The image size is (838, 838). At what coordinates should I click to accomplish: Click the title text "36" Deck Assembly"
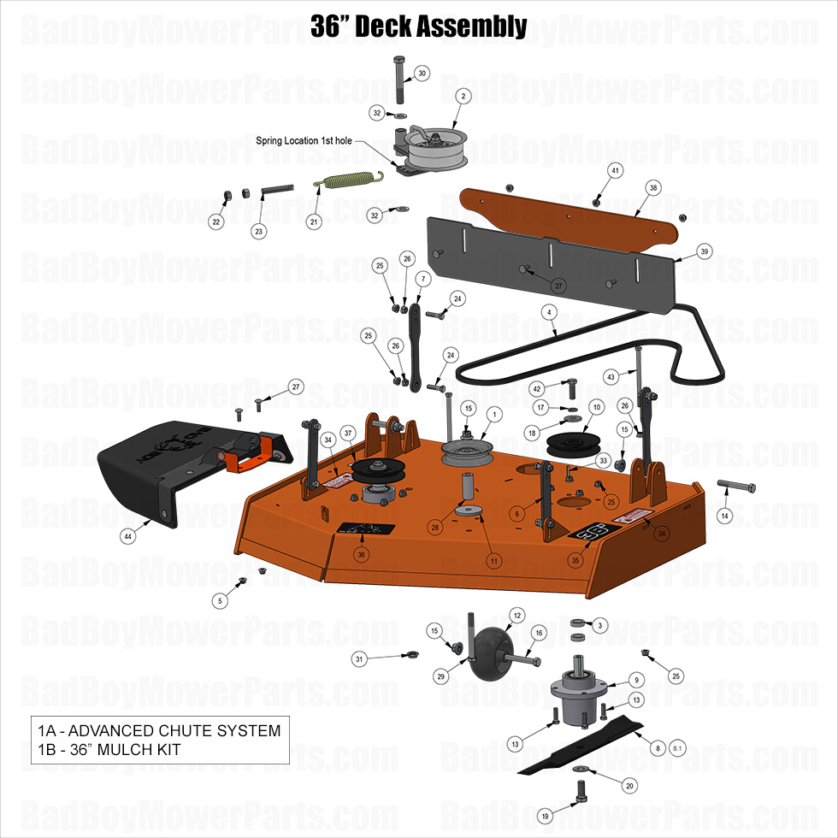point(418,26)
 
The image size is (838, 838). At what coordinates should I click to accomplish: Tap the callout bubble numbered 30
point(422,74)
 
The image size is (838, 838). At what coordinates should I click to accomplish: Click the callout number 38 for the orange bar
point(653,187)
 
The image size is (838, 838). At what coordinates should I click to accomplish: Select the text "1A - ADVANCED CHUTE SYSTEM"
point(159,731)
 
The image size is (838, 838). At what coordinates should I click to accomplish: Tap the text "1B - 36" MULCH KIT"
point(109,750)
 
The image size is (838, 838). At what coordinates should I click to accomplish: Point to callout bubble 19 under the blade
point(545,817)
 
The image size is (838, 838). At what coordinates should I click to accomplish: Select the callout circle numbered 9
point(636,680)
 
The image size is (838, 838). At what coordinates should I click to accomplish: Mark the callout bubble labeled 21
point(314,221)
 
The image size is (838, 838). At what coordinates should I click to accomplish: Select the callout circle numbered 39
point(705,251)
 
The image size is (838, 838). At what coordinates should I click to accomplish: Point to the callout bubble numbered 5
point(220,601)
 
